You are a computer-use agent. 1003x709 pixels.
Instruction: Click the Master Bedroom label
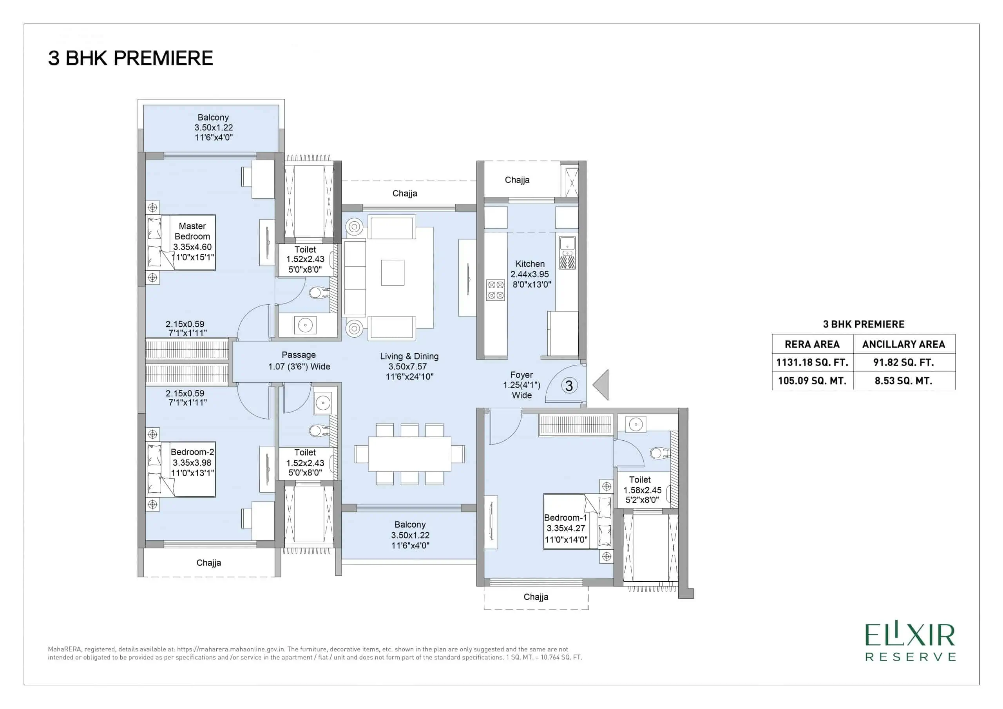pyautogui.click(x=192, y=231)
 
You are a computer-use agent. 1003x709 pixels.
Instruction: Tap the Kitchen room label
pyautogui.click(x=530, y=264)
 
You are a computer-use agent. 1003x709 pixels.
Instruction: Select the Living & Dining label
pyautogui.click(x=409, y=356)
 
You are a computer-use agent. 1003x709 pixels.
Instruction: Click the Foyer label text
pyautogui.click(x=521, y=375)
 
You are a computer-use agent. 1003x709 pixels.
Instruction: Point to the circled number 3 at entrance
pyautogui.click(x=569, y=386)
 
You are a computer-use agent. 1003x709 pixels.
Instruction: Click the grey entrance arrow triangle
pyautogui.click(x=601, y=384)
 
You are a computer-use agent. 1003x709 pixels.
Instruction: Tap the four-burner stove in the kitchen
pyautogui.click(x=495, y=291)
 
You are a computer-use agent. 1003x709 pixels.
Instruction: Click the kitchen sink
pyautogui.click(x=567, y=253)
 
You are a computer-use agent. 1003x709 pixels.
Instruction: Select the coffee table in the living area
pyautogui.click(x=392, y=273)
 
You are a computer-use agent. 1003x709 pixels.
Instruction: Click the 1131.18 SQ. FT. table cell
pyautogui.click(x=812, y=362)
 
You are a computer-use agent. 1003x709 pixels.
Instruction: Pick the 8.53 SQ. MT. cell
pyautogui.click(x=903, y=380)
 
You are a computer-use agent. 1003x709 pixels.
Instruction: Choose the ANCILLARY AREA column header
pyautogui.click(x=903, y=344)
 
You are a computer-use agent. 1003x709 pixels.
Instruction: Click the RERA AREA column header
pyautogui.click(x=812, y=344)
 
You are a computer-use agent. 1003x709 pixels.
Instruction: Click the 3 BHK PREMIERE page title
pyautogui.click(x=130, y=58)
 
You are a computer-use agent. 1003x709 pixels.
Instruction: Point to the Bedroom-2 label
pyautogui.click(x=192, y=452)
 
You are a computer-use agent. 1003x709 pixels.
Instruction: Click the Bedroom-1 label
pyautogui.click(x=566, y=518)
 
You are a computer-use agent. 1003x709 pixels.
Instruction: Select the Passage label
pyautogui.click(x=299, y=355)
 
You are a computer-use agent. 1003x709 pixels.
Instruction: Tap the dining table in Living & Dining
pyautogui.click(x=409, y=454)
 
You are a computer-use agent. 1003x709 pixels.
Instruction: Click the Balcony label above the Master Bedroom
pyautogui.click(x=213, y=118)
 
